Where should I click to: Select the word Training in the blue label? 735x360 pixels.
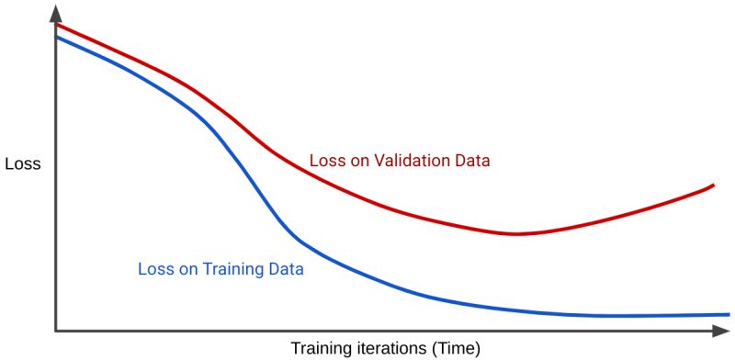[x=233, y=270]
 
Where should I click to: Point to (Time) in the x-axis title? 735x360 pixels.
[x=452, y=349]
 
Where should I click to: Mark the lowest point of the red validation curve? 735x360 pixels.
[x=516, y=233]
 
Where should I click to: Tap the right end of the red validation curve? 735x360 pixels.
[x=714, y=186]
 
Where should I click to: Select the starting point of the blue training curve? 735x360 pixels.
[x=57, y=37]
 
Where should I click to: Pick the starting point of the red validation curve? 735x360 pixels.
[x=57, y=25]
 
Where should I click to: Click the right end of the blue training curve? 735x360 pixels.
[x=729, y=314]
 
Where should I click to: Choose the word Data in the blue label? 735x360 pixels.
[x=286, y=270]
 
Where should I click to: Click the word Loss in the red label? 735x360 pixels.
[x=325, y=161]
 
